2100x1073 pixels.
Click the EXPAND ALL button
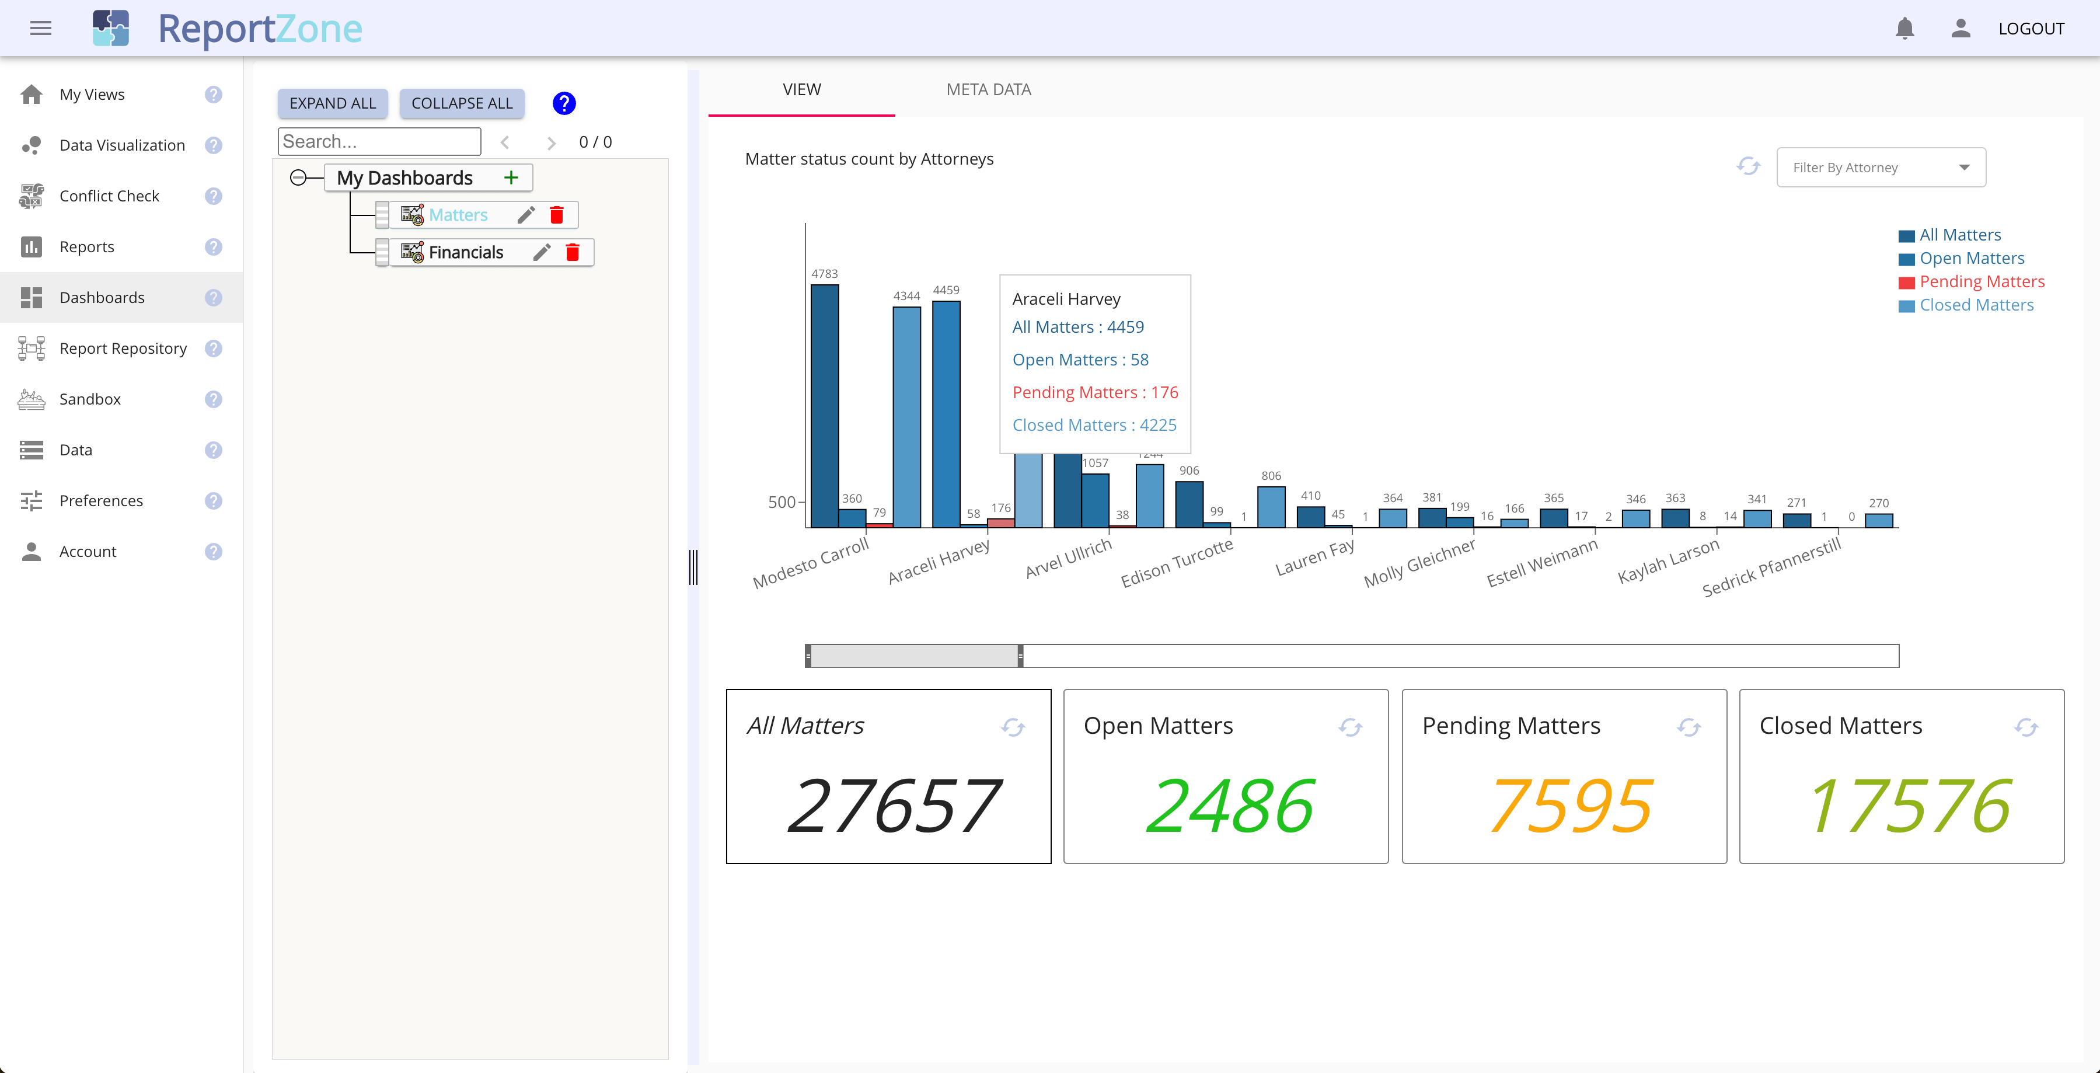tap(333, 103)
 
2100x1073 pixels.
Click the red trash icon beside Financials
tap(573, 253)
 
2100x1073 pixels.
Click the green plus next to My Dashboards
tap(511, 177)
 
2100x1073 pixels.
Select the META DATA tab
tap(988, 90)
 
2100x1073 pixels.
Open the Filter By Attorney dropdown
tap(1881, 167)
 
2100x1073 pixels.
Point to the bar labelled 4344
tap(906, 417)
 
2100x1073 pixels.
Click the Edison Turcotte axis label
tap(1176, 563)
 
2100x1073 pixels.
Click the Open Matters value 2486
tap(1229, 806)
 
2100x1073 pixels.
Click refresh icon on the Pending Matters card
tap(1689, 727)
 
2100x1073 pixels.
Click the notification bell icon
tap(1904, 29)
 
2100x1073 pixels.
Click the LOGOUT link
tap(2031, 29)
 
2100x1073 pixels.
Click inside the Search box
tap(379, 142)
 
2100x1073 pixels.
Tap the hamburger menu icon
tap(41, 29)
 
